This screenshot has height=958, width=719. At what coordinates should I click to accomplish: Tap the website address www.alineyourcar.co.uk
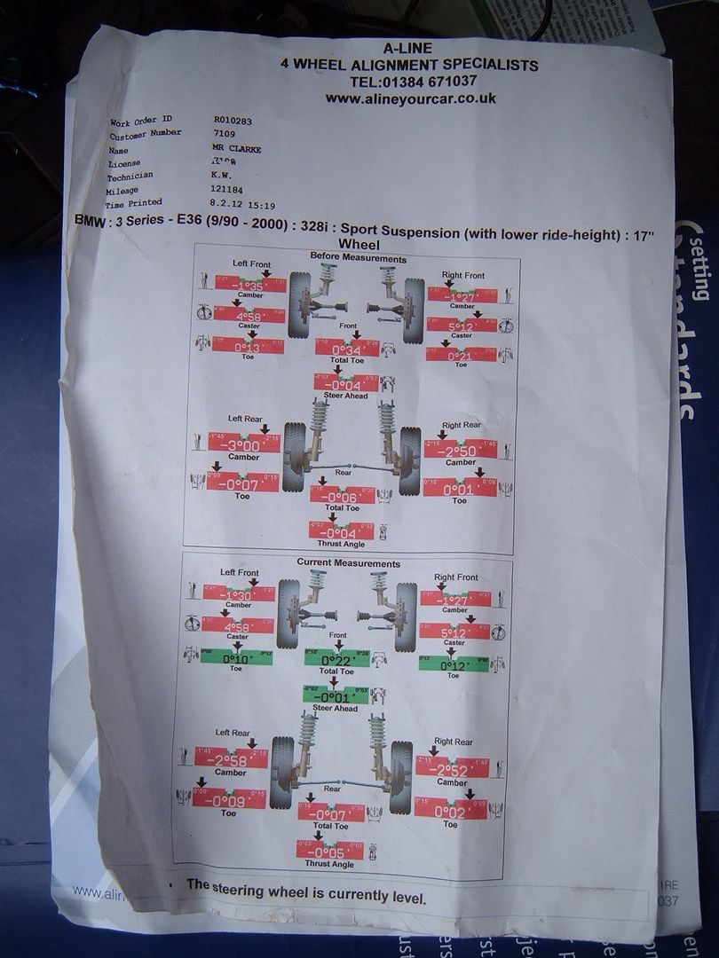pyautogui.click(x=410, y=98)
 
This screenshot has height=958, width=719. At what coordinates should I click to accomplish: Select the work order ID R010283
pyautogui.click(x=233, y=118)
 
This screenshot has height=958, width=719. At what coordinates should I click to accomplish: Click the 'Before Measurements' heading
pyautogui.click(x=358, y=258)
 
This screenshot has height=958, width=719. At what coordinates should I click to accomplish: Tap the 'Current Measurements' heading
pyautogui.click(x=349, y=563)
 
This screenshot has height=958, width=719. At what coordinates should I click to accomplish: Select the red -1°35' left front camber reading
pyautogui.click(x=249, y=286)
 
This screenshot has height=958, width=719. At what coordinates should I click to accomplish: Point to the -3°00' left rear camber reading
pyautogui.click(x=243, y=444)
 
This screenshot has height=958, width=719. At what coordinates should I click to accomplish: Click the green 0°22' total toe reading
pyautogui.click(x=336, y=659)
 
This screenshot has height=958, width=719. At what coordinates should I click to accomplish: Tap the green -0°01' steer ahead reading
pyautogui.click(x=335, y=696)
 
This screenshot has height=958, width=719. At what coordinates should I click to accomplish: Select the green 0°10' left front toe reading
pyautogui.click(x=236, y=658)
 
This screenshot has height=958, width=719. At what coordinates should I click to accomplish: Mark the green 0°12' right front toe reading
pyautogui.click(x=453, y=664)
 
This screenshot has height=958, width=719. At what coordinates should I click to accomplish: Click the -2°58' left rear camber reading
pyautogui.click(x=231, y=759)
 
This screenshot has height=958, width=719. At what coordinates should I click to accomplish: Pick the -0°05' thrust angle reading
pyautogui.click(x=329, y=851)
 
